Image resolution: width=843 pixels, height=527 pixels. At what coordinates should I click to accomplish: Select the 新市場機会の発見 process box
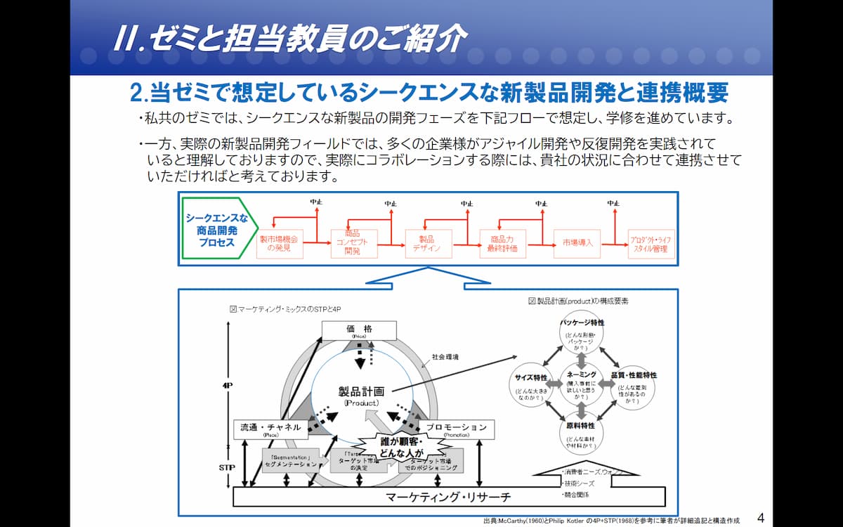tap(279, 243)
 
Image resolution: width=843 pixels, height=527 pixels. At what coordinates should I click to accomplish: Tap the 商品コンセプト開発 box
tap(353, 243)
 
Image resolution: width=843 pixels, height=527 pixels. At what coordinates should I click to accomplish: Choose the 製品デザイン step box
tap(428, 243)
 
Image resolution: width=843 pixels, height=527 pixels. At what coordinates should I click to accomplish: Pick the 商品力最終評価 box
tap(502, 243)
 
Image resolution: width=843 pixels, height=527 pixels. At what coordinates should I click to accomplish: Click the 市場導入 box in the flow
tap(577, 243)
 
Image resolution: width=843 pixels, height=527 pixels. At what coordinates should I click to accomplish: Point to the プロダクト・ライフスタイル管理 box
tap(651, 243)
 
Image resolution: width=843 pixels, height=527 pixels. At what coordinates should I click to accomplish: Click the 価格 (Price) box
tap(358, 330)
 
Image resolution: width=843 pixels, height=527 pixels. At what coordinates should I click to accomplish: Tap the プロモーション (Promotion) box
tap(456, 429)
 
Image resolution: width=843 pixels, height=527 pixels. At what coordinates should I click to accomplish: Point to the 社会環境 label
tap(445, 357)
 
